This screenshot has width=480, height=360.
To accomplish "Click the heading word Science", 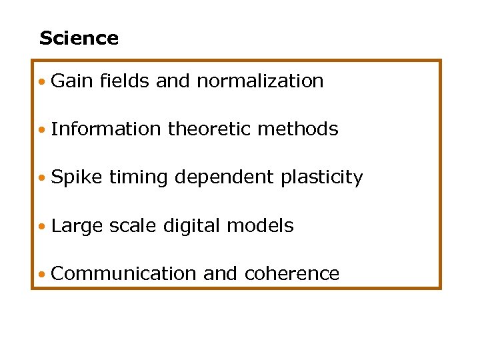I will click(x=79, y=39).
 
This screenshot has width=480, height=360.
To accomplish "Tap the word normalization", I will click(x=260, y=81).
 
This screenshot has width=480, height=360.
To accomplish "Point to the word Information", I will click(x=106, y=129).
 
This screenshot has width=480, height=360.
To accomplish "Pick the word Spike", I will click(x=77, y=178).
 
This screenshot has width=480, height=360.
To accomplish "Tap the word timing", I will click(x=137, y=178).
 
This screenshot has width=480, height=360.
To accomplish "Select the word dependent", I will click(x=223, y=178).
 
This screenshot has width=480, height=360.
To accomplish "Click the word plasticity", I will click(x=322, y=178).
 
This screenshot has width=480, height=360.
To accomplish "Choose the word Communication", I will click(x=123, y=273).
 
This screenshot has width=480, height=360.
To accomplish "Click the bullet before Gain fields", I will click(x=42, y=83).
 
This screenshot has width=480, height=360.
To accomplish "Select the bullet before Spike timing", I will click(x=42, y=179).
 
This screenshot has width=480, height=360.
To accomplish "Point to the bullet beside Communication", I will click(x=42, y=275).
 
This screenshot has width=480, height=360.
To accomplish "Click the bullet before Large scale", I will click(x=42, y=227).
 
